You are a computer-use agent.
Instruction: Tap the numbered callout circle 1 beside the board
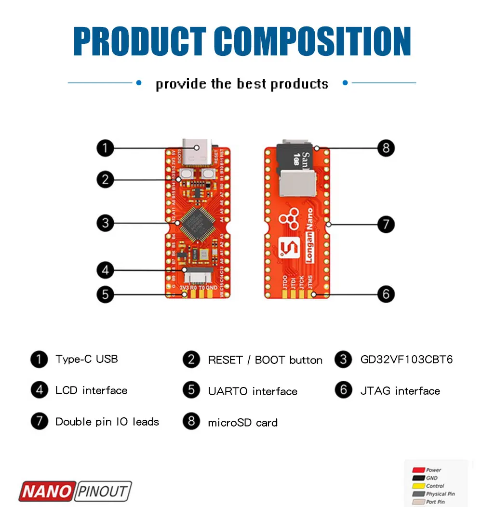[x=105, y=148]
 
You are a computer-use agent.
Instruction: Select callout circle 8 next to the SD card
[x=386, y=148]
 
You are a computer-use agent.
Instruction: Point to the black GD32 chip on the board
[x=198, y=223]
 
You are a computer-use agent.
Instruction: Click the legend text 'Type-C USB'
[x=86, y=359]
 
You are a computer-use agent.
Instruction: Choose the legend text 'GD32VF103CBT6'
[x=406, y=360]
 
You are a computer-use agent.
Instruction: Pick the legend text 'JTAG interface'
[x=400, y=391]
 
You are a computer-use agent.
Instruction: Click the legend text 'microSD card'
[x=242, y=423]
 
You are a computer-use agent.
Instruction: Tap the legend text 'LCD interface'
[x=91, y=390]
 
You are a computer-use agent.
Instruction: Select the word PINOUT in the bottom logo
[x=103, y=492]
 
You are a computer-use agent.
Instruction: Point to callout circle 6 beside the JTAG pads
[x=386, y=294]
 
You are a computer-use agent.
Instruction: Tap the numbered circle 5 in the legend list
[x=191, y=390]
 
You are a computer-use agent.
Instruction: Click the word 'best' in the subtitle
[x=251, y=84]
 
